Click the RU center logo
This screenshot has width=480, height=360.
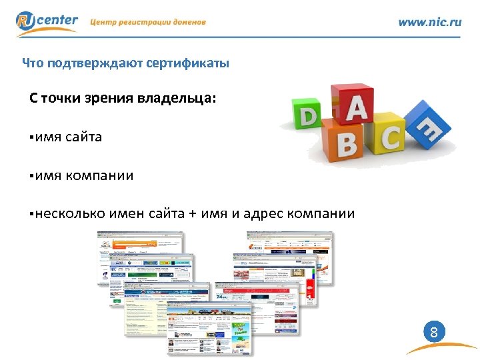[x=47, y=22]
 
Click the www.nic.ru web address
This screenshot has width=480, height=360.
[x=429, y=22]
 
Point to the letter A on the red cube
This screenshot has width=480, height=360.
[x=355, y=110]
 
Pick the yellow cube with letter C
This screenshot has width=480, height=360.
[x=389, y=138]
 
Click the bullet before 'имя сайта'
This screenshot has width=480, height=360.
[x=31, y=138]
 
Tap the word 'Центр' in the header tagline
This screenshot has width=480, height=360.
[x=105, y=22]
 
